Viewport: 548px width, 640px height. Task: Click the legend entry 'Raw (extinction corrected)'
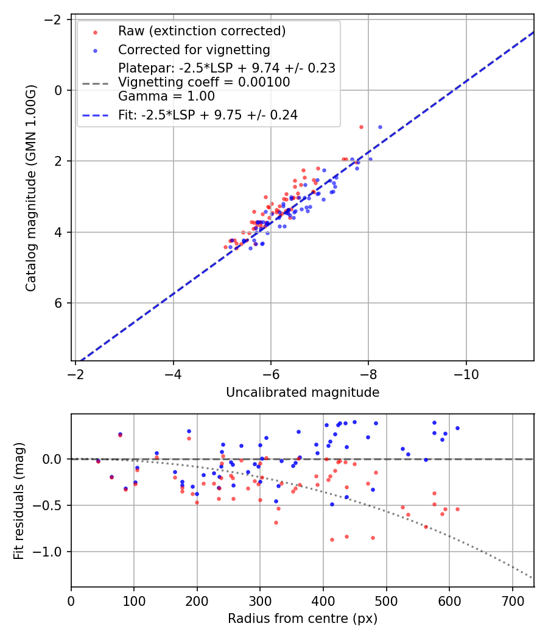coord(202,31)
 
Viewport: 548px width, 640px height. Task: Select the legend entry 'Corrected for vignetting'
coord(194,49)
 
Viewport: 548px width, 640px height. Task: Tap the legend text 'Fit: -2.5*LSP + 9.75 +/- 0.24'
coord(208,115)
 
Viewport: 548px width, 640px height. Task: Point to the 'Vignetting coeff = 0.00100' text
coord(204,82)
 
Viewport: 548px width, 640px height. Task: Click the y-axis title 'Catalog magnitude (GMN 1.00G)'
coord(31,188)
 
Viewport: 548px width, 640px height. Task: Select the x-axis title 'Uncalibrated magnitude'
coord(303,393)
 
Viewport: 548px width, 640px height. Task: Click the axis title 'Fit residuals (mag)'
coord(19,500)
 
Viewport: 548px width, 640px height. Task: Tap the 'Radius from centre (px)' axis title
coord(303,619)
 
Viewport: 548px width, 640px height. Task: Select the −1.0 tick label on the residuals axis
coord(51,552)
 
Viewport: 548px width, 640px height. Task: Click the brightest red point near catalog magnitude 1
coord(361,127)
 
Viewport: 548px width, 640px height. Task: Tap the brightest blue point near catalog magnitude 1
coord(380,127)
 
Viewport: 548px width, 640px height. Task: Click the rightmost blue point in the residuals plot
coord(457,428)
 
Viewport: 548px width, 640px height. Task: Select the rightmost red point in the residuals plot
coord(457,509)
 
